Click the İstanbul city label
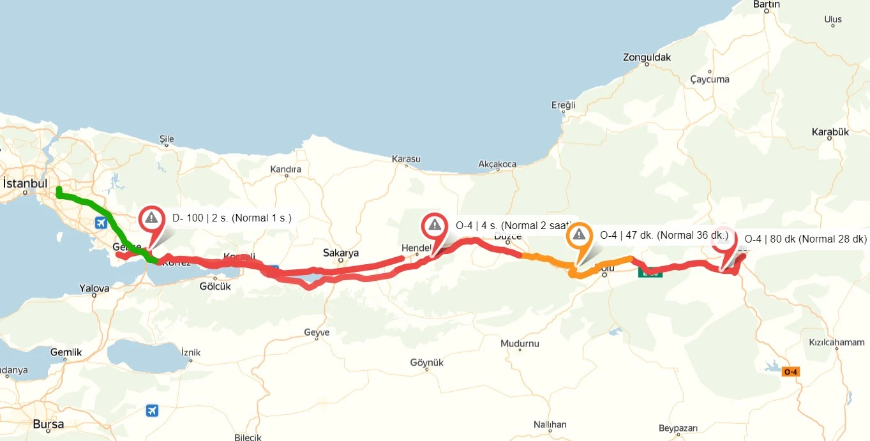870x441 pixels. coord(26,183)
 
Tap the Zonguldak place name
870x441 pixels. coord(647,57)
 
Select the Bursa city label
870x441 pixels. coord(49,424)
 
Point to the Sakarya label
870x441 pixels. coord(341,253)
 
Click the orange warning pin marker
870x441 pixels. coord(579,236)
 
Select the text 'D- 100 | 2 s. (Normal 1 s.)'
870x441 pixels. coord(232,218)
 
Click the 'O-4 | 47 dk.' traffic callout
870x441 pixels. coord(664,235)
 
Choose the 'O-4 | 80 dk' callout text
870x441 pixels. coord(806,239)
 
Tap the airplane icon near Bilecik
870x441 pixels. coord(152,410)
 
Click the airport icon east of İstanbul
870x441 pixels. coord(101,223)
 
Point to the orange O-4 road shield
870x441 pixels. coord(791,371)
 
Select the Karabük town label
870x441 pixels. coord(830,132)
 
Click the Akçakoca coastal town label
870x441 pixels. coord(497,164)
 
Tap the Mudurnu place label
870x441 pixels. coord(520,343)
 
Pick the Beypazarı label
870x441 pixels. coord(679,428)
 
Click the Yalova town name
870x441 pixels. coord(94,288)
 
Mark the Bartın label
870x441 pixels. coord(767,4)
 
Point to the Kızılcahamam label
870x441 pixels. coord(836,342)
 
